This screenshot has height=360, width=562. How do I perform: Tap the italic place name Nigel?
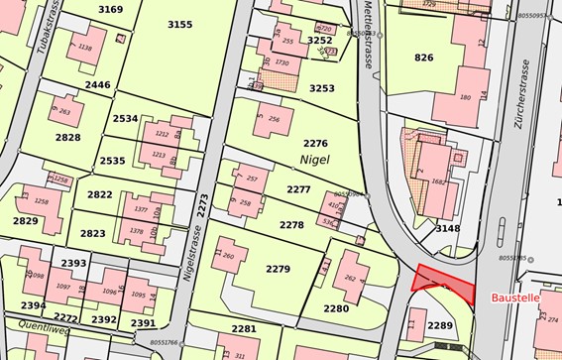pos(313,159)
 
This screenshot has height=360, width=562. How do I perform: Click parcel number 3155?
pos(179,24)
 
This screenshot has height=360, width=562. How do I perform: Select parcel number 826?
pos(424,57)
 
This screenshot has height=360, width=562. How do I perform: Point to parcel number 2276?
pos(315,144)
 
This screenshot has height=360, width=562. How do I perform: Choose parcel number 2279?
pos(279,269)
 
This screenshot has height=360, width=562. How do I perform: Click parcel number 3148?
pos(448,228)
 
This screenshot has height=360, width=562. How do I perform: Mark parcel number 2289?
pos(439,325)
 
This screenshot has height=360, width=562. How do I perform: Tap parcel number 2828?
pos(67,137)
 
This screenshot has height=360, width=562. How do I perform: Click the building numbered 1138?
pos(84,48)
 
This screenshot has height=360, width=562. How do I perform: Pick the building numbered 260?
pos(229,256)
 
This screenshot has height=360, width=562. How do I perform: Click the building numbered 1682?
pos(438,181)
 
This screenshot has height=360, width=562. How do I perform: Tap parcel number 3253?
pos(322,88)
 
